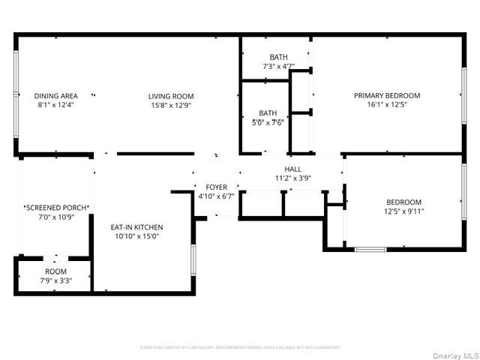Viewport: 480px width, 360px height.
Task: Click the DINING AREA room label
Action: [55, 96]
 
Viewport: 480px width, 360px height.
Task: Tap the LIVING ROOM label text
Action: [171, 96]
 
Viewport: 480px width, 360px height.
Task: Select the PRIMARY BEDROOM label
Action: [387, 95]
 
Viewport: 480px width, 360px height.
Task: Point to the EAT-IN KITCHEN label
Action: [136, 227]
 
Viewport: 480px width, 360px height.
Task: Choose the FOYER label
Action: [216, 187]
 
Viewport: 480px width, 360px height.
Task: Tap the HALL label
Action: [292, 169]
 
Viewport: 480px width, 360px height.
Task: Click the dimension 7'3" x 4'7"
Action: [278, 67]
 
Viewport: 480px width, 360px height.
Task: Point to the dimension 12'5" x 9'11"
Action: [403, 211]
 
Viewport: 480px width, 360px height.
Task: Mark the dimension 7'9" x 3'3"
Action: [55, 280]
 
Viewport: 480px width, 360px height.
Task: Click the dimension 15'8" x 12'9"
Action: [171, 105]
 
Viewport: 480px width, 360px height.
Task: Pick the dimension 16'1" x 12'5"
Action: [387, 104]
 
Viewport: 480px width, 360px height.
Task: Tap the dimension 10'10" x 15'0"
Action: [136, 236]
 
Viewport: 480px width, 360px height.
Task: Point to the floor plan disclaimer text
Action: [240, 347]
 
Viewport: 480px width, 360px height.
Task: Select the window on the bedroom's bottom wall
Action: [370, 249]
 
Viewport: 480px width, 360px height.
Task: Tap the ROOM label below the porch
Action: [55, 271]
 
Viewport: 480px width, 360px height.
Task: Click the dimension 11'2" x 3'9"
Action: [292, 178]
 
